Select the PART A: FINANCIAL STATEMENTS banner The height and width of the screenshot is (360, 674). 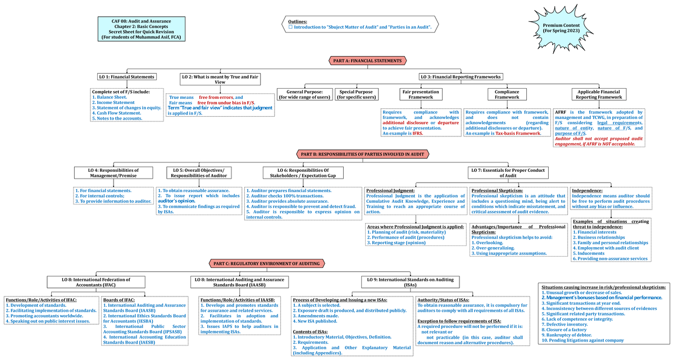tap(367, 61)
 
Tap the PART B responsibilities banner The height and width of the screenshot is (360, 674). tap(362, 153)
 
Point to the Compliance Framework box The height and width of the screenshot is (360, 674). tap(507, 94)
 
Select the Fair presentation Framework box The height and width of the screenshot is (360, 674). tap(420, 94)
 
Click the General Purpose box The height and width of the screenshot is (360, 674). tap(304, 94)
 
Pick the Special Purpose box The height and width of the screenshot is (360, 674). tap(357, 94)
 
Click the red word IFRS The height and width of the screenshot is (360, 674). tap(417, 134)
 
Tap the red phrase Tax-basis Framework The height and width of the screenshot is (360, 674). tap(519, 134)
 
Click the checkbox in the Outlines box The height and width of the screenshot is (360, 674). tap(290, 26)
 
